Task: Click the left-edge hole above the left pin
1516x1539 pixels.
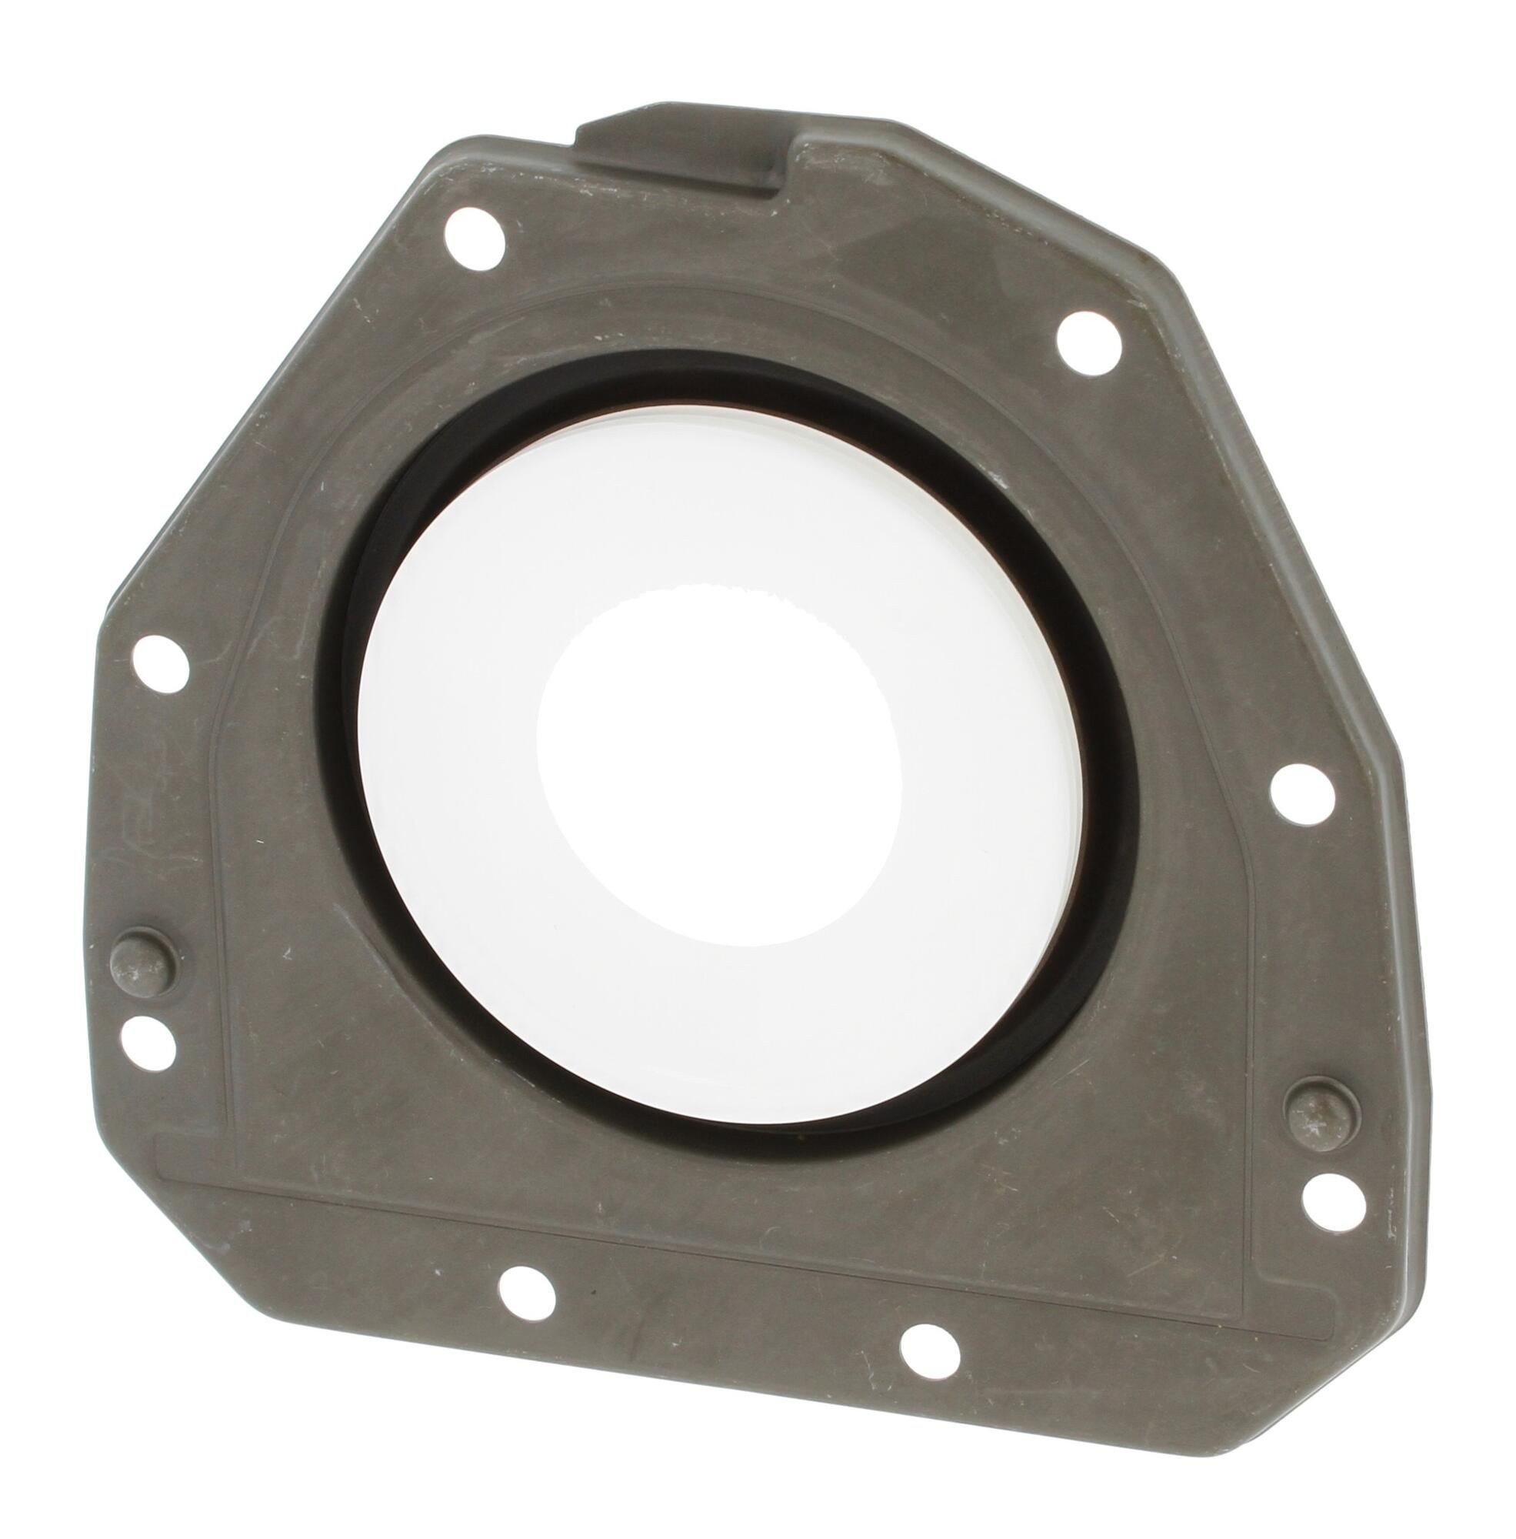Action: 160,661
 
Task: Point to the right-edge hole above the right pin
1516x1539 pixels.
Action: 1302,799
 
